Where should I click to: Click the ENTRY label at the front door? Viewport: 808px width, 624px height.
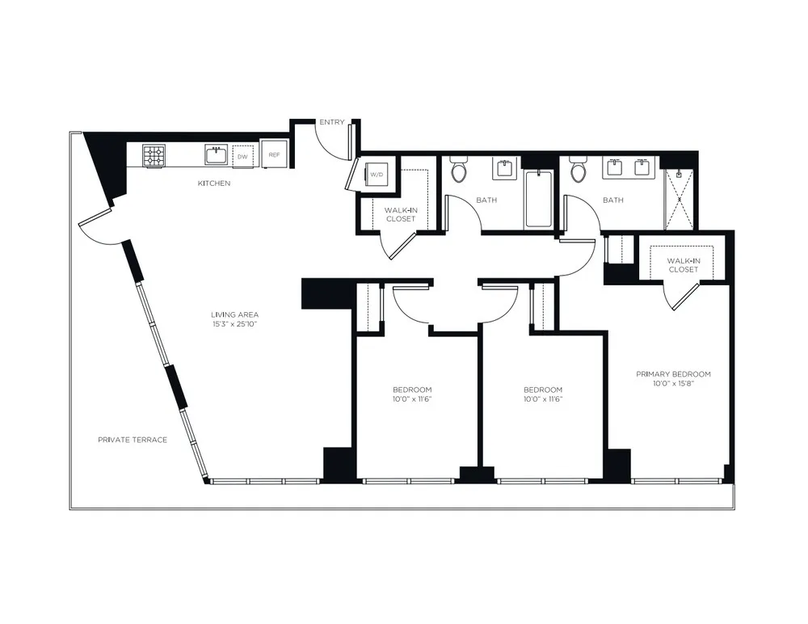click(x=331, y=122)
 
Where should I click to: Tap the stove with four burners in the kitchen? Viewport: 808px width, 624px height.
click(x=154, y=156)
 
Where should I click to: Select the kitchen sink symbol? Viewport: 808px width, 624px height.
click(x=214, y=155)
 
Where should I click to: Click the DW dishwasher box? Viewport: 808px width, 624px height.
click(x=242, y=156)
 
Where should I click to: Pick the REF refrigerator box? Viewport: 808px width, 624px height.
click(x=274, y=155)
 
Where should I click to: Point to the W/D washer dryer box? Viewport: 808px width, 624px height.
click(x=377, y=175)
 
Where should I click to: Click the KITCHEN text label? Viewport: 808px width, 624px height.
click(x=214, y=183)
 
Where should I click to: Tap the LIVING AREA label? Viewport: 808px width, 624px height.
click(x=234, y=314)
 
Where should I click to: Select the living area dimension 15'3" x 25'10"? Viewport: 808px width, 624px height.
click(x=234, y=324)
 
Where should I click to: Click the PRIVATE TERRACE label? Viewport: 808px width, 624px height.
click(x=132, y=440)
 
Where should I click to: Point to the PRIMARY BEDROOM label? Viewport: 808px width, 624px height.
click(x=673, y=374)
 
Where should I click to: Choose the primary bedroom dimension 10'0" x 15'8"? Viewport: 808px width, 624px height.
click(x=673, y=383)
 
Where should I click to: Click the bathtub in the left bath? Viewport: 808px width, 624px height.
click(x=538, y=199)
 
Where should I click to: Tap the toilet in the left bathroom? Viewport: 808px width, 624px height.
click(x=460, y=171)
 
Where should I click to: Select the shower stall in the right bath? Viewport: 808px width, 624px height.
click(x=678, y=199)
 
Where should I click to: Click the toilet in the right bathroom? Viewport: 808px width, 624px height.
click(x=579, y=171)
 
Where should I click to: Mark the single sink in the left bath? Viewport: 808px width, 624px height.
click(x=504, y=168)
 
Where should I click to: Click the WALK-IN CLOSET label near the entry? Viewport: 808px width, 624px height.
click(x=400, y=214)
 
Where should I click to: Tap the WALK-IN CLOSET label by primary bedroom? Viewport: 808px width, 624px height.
click(x=683, y=265)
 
